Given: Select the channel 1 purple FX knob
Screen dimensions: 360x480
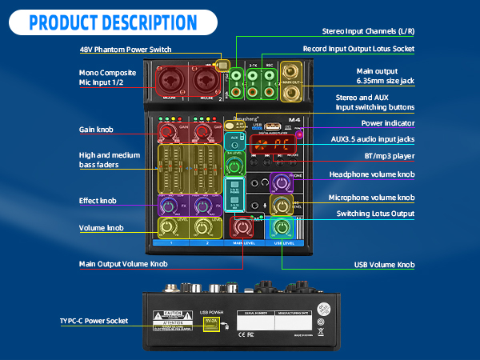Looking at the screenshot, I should pos(168,206).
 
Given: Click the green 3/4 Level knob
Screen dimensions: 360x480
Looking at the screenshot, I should pos(234,166).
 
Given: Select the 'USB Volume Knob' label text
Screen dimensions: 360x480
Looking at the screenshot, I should pos(384,264).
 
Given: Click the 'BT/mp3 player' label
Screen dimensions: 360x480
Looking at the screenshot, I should pos(387,157).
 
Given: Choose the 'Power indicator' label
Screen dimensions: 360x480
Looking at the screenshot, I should pos(388,123).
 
